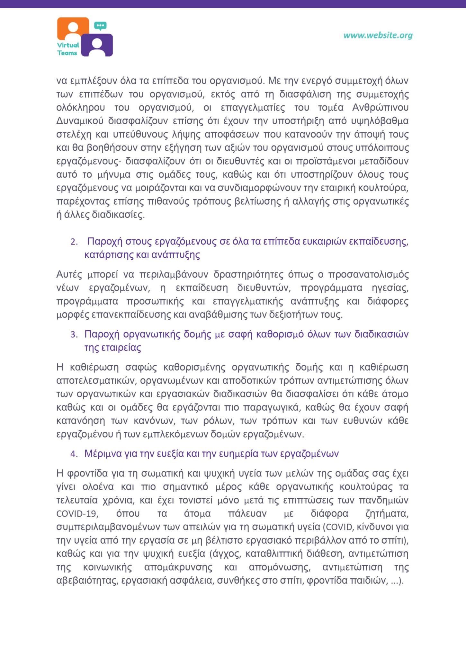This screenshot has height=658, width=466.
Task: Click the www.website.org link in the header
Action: pyautogui.click(x=378, y=35)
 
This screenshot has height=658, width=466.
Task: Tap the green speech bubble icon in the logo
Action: pyautogui.click(x=100, y=26)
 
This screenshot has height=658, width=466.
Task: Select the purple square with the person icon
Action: pyautogui.click(x=97, y=45)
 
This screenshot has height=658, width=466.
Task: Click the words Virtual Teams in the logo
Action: pyautogui.click(x=68, y=49)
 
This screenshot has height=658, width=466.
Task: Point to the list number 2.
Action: pyautogui.click(x=74, y=242)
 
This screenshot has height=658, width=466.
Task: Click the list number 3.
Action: pyautogui.click(x=74, y=334)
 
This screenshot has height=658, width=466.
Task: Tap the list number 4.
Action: pyautogui.click(x=74, y=454)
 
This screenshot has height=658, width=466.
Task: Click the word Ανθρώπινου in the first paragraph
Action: pyautogui.click(x=380, y=108)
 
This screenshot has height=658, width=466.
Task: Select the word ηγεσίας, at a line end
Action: pyautogui.click(x=390, y=288)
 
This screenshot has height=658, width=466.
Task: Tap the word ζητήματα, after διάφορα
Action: pyautogui.click(x=387, y=514)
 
